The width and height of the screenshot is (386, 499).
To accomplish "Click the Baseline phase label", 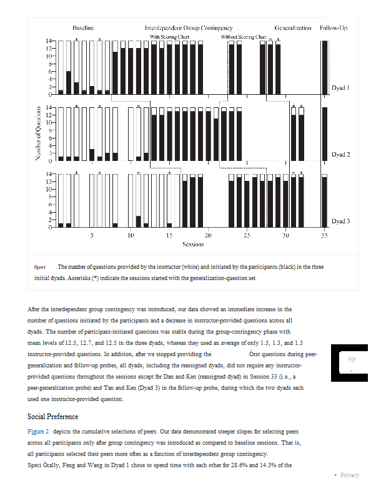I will [x=83, y=29].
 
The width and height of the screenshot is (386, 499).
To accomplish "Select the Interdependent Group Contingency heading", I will [x=189, y=29].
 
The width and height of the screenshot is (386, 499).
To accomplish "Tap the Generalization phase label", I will [x=293, y=29].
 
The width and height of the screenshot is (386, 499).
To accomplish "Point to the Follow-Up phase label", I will [x=334, y=29].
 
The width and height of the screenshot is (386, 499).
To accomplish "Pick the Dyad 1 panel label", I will [x=340, y=88].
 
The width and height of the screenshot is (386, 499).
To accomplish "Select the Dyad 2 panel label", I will [x=340, y=154].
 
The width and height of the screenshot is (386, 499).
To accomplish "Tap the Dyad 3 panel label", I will [x=340, y=221].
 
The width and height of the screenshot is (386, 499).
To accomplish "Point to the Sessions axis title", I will [x=193, y=245].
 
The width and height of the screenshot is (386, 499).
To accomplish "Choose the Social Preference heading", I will [x=53, y=416].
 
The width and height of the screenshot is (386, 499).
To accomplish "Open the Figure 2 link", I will [x=39, y=431].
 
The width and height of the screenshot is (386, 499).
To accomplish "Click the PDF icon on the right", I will [x=350, y=362].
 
